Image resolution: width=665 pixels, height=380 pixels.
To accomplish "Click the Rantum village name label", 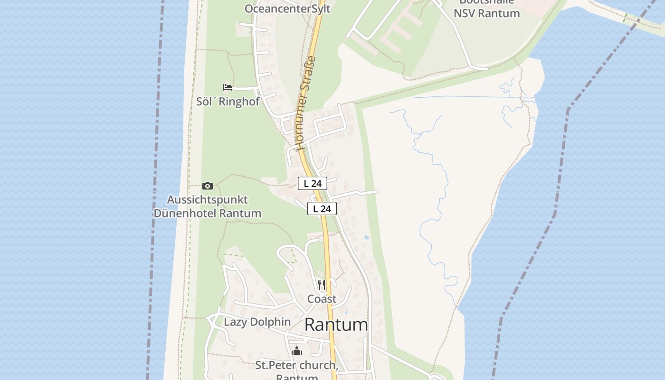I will (336, 325).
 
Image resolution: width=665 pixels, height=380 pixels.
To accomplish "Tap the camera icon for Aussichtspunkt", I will (208, 186).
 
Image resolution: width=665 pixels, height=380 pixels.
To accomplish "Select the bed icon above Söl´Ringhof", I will (228, 87).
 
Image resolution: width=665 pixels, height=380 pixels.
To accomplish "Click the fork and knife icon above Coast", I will (322, 285).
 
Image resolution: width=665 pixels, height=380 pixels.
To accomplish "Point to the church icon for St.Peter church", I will (297, 351).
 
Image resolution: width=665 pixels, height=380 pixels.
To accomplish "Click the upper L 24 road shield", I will (313, 183).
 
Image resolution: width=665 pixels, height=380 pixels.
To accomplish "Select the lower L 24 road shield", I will (322, 209).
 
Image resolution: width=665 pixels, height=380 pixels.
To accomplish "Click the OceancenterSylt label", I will (287, 9).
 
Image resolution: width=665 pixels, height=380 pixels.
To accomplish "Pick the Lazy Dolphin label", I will (257, 322).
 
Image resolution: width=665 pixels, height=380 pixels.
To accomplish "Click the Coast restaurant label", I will (322, 299).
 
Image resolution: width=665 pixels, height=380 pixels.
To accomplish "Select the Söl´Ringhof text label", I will (228, 101).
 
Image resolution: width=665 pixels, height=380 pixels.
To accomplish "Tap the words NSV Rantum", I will (486, 13).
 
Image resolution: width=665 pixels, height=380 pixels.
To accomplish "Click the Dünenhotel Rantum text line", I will (208, 213).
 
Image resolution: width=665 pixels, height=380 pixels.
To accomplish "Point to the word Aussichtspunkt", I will (208, 199).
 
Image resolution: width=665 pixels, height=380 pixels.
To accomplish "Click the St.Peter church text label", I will (296, 365).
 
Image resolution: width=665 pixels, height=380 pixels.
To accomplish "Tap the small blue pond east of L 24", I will (366, 237).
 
